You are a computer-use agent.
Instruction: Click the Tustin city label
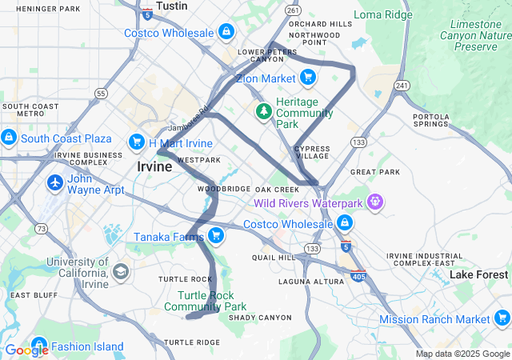[x=171, y=6]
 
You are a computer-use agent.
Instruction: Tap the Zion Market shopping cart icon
[x=307, y=78]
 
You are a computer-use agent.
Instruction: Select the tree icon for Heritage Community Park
[x=263, y=110]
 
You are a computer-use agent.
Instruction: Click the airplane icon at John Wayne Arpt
[x=55, y=182]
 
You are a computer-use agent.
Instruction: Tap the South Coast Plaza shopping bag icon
[x=9, y=138]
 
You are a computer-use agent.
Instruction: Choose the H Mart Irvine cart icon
[x=137, y=143]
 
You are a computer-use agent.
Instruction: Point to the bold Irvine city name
[x=154, y=167]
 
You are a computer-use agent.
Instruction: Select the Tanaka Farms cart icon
[x=215, y=234]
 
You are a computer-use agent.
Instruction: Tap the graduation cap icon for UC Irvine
[x=120, y=272]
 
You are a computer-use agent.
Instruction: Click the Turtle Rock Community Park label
[x=211, y=301]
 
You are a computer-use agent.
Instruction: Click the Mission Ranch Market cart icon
[x=502, y=319]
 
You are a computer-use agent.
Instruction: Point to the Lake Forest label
[x=479, y=274]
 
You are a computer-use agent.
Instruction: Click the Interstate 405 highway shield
[x=358, y=276]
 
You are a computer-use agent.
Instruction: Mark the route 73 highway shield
[x=41, y=229]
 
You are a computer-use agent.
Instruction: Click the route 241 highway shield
[x=401, y=86]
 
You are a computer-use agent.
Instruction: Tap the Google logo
[x=26, y=350]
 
